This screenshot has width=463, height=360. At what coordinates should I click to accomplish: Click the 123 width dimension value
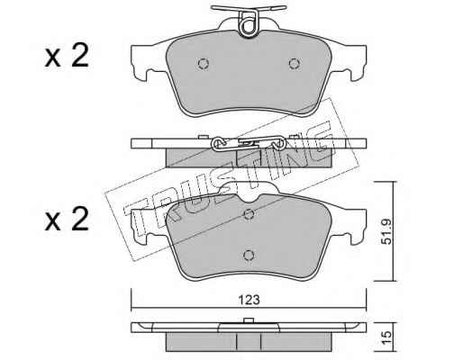[249, 300]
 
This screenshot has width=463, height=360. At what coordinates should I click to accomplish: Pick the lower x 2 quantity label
[67, 219]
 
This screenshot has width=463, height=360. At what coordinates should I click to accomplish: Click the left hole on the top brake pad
[204, 64]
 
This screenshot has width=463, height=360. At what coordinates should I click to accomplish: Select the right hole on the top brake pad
[295, 64]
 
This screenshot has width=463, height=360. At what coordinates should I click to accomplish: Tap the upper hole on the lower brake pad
[249, 214]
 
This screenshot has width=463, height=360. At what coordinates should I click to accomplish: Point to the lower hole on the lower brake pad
[249, 255]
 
